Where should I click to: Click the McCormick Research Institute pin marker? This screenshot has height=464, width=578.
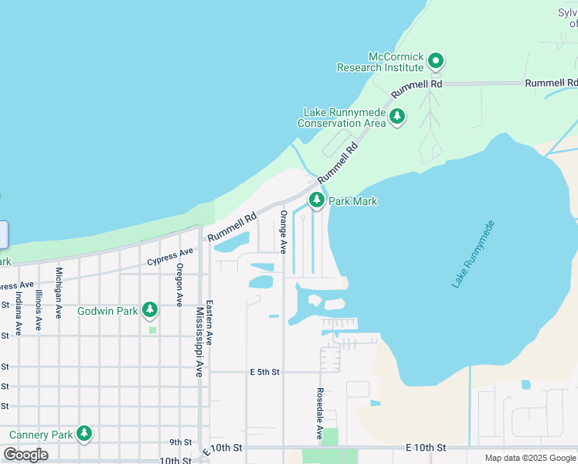(436, 60)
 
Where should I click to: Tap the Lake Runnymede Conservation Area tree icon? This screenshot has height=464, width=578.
(397, 117)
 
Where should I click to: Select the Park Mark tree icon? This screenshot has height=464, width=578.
(316, 200)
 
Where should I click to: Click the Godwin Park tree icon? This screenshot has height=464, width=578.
(150, 311)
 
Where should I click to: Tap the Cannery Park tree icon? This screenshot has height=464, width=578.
(84, 434)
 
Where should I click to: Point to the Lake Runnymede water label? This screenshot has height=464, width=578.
(473, 255)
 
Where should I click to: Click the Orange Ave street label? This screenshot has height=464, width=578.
(284, 231)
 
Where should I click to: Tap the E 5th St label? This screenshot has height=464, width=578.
(264, 372)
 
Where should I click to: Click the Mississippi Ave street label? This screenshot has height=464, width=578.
(199, 342)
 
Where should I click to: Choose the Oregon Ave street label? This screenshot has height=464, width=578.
(179, 285)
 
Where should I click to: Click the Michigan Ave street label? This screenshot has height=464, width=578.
(59, 292)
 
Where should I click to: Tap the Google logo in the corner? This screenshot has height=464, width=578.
(25, 455)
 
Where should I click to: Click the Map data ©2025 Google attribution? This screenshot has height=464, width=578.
(530, 458)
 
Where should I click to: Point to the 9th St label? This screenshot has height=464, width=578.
(180, 442)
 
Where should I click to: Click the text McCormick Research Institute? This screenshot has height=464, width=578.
(380, 62)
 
